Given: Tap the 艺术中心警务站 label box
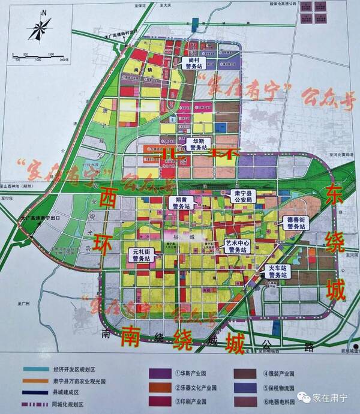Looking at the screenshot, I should tap(236, 245).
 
